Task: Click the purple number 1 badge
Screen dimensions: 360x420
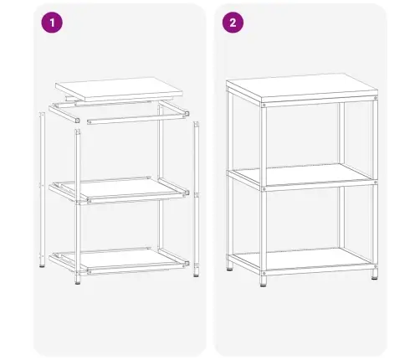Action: point(52,23)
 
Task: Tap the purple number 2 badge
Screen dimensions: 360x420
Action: point(232,23)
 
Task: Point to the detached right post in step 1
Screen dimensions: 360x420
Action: point(196,197)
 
